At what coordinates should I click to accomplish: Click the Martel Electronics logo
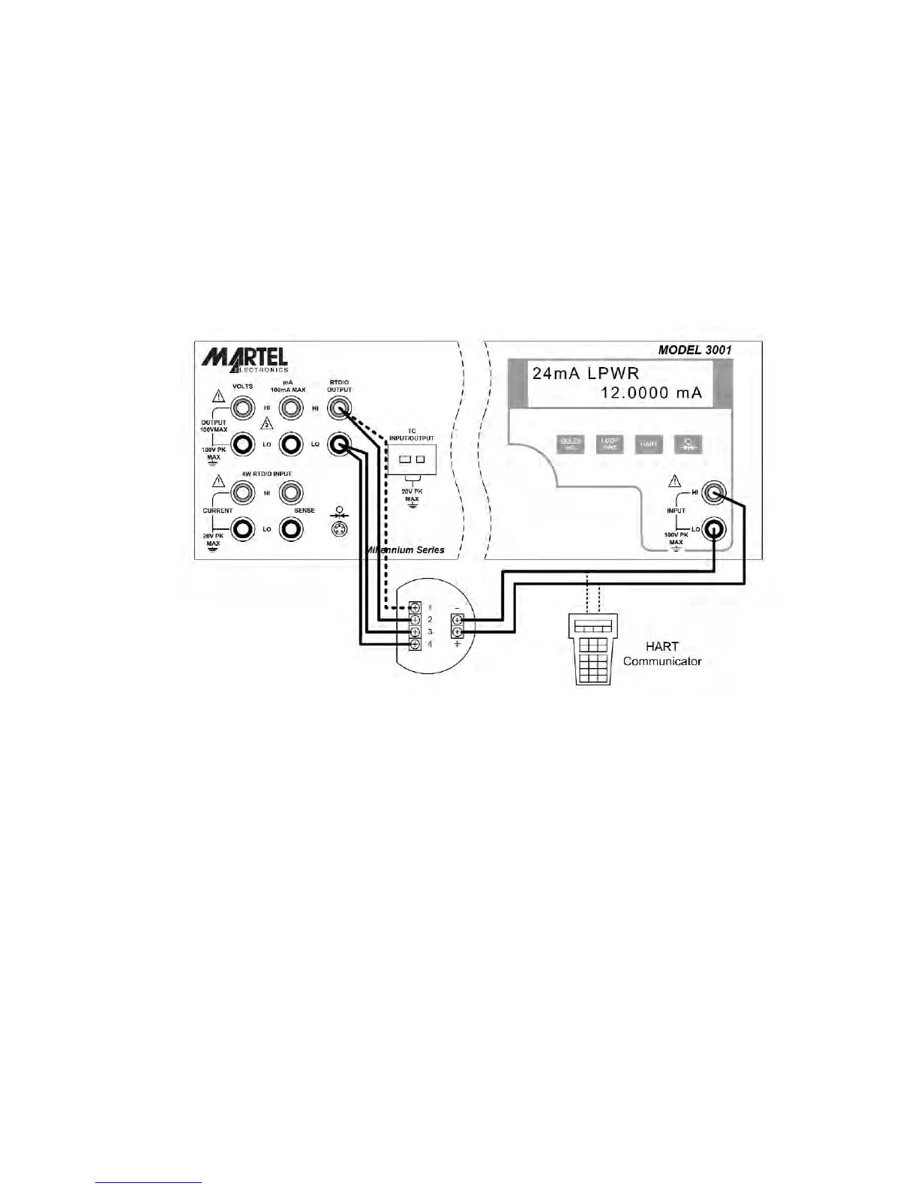[x=244, y=358]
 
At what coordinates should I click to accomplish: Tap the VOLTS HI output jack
[x=241, y=409]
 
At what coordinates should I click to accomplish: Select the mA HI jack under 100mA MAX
[x=290, y=408]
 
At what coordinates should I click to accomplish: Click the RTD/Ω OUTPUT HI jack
[x=339, y=408]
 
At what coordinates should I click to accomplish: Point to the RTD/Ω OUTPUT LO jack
[x=339, y=445]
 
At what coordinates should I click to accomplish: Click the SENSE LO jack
[x=290, y=529]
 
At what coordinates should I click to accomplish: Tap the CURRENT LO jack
[x=241, y=529]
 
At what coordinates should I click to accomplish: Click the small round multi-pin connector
[x=340, y=529]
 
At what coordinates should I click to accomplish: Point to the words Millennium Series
[x=406, y=550]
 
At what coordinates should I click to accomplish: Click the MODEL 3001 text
[x=694, y=350]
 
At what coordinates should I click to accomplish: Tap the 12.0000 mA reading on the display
[x=651, y=393]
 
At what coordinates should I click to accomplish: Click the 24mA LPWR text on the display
[x=585, y=373]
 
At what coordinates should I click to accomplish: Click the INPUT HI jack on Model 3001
[x=712, y=493]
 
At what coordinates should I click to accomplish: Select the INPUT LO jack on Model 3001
[x=712, y=530]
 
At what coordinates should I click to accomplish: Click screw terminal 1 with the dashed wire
[x=415, y=607]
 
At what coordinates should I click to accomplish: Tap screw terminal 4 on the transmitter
[x=415, y=644]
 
